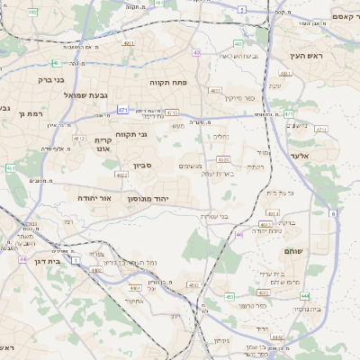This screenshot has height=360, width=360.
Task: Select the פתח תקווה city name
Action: click(167, 82)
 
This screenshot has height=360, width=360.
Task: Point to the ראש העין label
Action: click(305, 56)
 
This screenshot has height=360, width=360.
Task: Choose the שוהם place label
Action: click(293, 251)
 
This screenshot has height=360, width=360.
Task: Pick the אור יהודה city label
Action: click(93, 197)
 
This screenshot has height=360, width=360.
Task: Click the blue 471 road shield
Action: click(122, 109)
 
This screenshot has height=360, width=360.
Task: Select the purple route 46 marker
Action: click(239, 234)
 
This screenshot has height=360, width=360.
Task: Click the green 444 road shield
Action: click(305, 295)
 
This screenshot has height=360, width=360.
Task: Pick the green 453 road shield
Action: click(229, 296)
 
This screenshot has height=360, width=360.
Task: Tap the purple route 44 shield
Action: click(22, 259)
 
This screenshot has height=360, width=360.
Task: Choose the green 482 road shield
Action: click(33, 12)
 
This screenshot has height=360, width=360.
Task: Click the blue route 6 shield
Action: click(333, 213)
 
